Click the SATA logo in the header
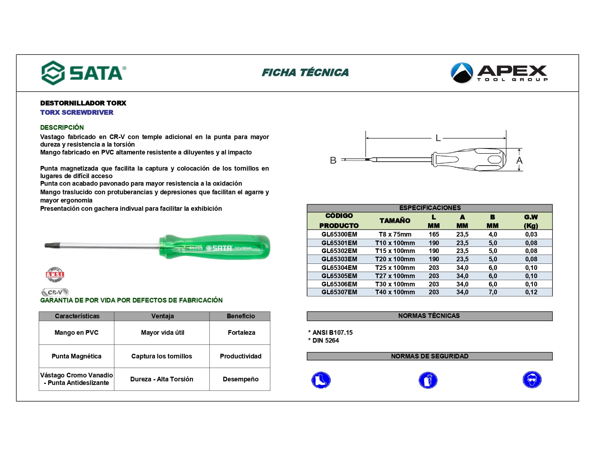point(84,73)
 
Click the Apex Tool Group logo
point(499,73)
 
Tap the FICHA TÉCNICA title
point(305,72)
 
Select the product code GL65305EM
point(339,276)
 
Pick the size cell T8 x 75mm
point(395,234)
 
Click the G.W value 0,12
point(531,292)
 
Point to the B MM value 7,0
point(493,292)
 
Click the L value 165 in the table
point(434,234)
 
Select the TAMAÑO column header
point(395,221)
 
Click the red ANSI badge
point(55,275)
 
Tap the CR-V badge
point(55,292)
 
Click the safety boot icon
point(321,380)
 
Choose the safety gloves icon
point(428,380)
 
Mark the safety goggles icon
point(532,380)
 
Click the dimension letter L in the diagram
point(438,138)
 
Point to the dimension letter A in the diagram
point(519,160)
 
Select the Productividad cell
point(240,356)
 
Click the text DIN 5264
point(325,341)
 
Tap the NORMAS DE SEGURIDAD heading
point(429,356)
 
